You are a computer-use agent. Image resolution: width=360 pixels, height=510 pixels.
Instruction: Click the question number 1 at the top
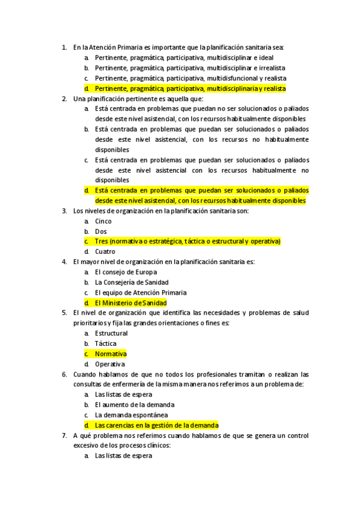click(64, 47)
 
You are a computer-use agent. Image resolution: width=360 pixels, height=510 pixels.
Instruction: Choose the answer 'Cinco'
click(103, 221)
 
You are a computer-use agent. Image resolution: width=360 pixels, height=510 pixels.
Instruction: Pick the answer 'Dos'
click(101, 232)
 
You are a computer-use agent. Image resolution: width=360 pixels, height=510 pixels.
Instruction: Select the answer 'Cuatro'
click(105, 252)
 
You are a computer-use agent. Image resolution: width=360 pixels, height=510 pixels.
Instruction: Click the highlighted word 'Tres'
click(101, 242)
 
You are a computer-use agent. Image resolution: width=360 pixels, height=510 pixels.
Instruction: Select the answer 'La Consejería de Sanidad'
click(132, 283)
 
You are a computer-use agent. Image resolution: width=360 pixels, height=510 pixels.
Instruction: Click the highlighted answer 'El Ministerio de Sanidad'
click(130, 303)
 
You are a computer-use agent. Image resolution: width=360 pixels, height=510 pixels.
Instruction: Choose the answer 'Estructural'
click(111, 334)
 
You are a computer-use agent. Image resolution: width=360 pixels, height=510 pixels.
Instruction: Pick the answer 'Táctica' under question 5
click(106, 344)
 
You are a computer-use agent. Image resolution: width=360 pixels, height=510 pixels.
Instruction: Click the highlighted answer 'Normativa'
click(111, 354)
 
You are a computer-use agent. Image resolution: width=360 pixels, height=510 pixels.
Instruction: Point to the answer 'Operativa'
click(110, 364)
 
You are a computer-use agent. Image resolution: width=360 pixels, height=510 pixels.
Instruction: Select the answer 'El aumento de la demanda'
click(135, 405)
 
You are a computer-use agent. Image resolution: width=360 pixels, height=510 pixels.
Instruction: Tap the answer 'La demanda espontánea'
click(131, 416)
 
